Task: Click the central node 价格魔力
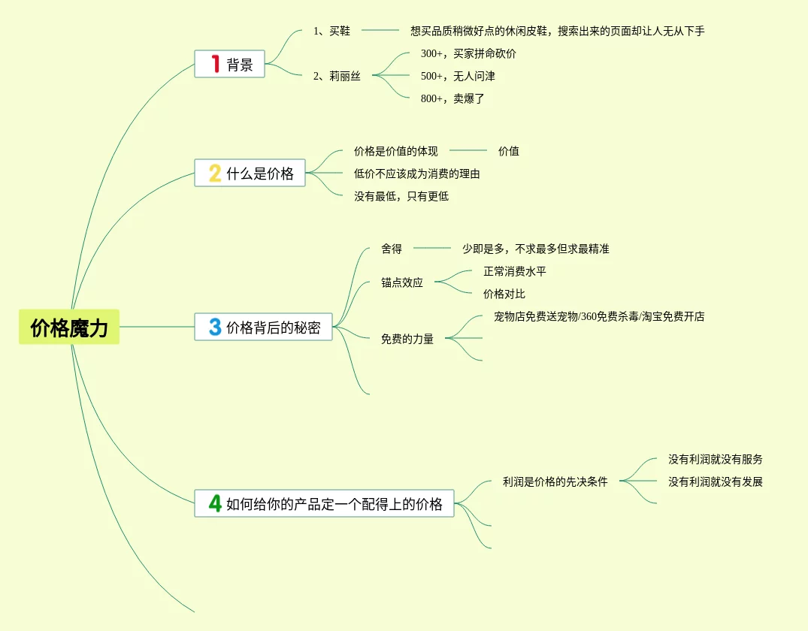[x=69, y=328]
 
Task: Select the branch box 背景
[x=230, y=65]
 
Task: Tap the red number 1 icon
[x=215, y=65]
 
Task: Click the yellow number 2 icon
[x=215, y=174]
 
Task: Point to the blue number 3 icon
[x=215, y=328]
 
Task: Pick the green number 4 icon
[x=215, y=503]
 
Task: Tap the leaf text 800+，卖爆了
[x=452, y=98]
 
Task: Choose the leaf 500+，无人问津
[x=458, y=76]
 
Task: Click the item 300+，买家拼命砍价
[x=468, y=53]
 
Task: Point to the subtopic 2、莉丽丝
[x=337, y=76]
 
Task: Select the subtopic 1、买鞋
[x=331, y=31]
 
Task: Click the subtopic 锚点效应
[x=402, y=282]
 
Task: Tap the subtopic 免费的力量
[x=407, y=339]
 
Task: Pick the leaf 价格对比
[x=504, y=294]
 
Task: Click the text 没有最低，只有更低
[x=401, y=196]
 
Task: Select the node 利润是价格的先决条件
[x=555, y=482]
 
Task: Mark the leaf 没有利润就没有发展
[x=716, y=482]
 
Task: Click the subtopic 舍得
[x=392, y=249]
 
